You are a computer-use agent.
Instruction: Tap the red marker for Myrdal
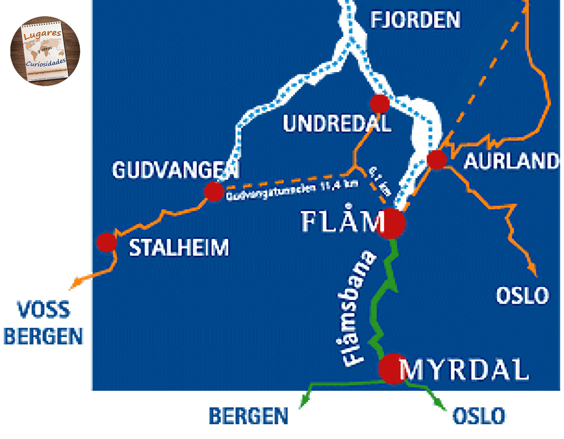393,369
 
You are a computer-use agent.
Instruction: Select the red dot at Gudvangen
214,191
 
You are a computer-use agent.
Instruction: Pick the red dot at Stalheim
106,242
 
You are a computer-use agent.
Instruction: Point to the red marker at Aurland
437,160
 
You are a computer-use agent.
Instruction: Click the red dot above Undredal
379,103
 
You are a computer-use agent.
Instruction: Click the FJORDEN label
415,20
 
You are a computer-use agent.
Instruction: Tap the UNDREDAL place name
337,124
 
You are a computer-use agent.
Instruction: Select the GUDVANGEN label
176,170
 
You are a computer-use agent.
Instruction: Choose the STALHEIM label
179,248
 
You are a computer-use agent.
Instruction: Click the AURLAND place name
511,161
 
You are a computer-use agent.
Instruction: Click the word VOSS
44,310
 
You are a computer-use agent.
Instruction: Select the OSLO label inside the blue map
522,296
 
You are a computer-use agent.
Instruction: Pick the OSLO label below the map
478,416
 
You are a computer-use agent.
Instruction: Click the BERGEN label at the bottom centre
249,416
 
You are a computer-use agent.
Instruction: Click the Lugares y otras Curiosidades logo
45,51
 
